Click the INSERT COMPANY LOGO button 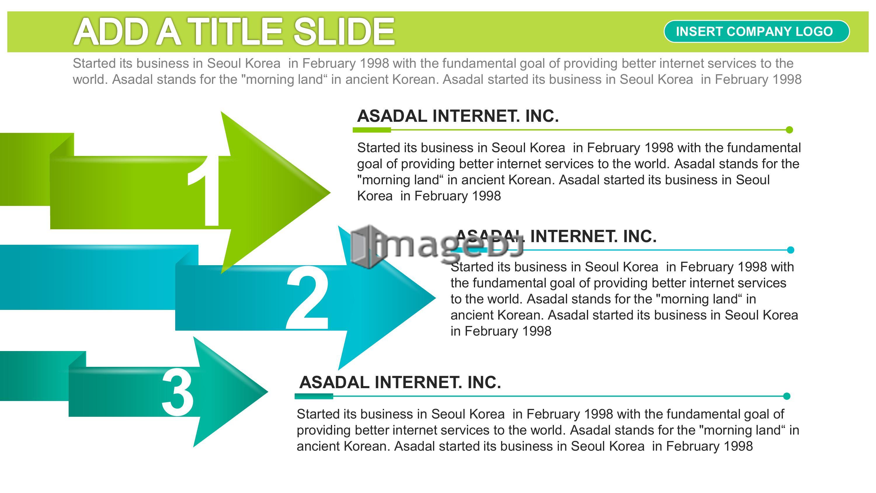(756, 31)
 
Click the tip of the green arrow (330, 192)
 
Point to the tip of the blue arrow (435, 298)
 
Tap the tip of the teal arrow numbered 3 (268, 392)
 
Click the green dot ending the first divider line (790, 130)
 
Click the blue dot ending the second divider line (791, 250)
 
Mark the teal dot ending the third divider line (787, 396)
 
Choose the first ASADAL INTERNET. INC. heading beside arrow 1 (458, 116)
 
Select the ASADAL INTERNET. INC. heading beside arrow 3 (400, 382)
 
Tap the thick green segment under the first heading (372, 130)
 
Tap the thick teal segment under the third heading (314, 396)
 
